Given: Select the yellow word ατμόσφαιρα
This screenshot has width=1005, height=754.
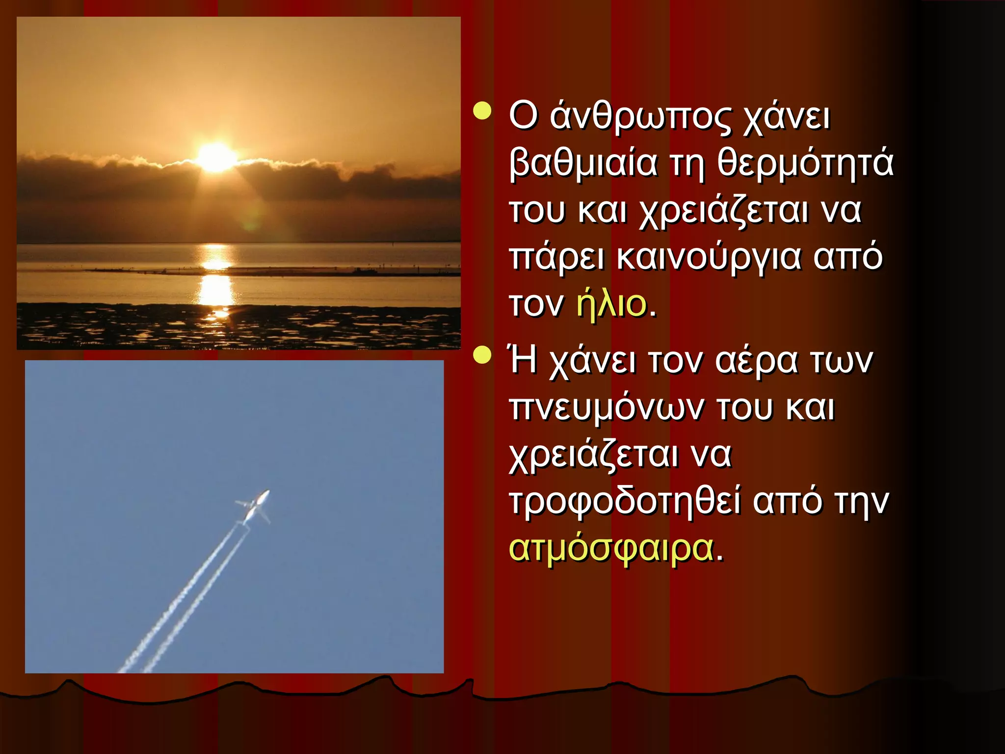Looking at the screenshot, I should point(611,548).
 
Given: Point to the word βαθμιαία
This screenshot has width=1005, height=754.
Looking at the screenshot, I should point(583,164).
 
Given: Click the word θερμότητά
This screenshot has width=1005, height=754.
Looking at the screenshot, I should point(805,164).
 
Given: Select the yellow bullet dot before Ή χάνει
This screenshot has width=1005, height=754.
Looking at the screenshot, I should point(482,355).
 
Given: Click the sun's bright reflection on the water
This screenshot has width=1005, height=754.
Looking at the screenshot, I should point(216,290).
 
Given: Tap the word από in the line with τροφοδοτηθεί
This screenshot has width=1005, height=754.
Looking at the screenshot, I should point(787,502).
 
